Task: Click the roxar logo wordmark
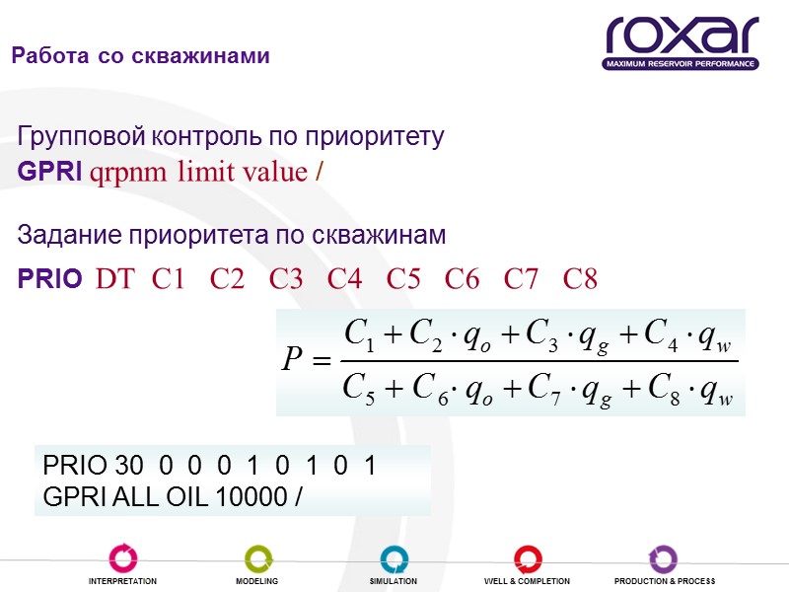681,36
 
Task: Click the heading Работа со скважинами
140,56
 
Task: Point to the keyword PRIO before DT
50,279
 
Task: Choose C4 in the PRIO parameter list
345,279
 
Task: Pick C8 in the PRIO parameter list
581,279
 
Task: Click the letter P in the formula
292,362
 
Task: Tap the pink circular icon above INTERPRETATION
122,557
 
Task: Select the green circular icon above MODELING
256,557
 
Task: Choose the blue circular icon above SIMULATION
393,557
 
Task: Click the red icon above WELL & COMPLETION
527,557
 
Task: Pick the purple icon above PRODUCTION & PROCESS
663,557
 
